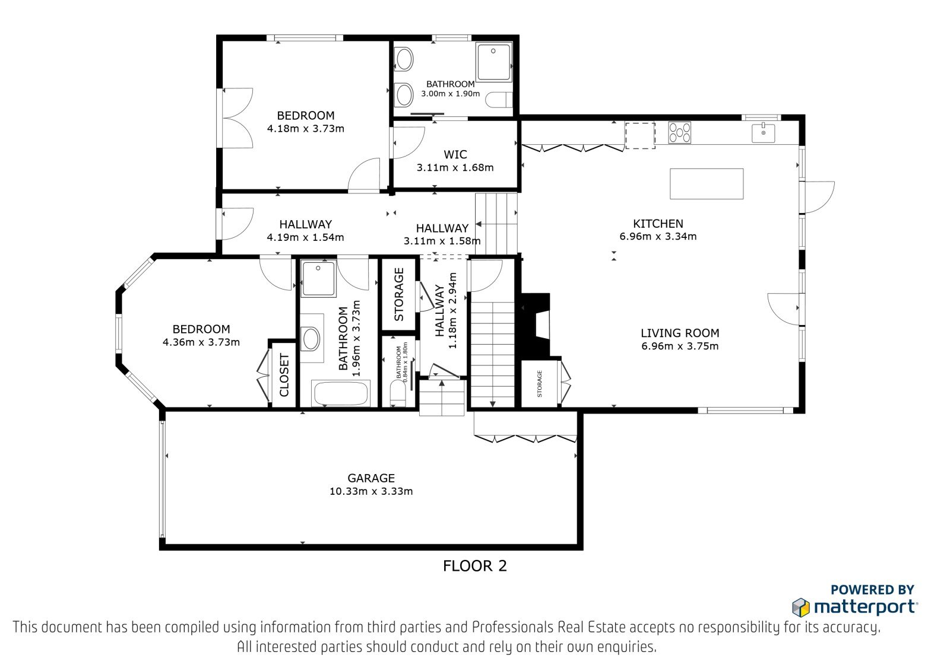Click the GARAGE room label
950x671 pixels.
click(x=371, y=478)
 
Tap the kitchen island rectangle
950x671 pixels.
click(x=707, y=184)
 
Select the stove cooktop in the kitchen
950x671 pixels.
click(x=679, y=133)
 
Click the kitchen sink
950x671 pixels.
click(x=764, y=133)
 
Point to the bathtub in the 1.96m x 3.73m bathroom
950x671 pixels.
click(x=340, y=393)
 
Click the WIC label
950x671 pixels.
click(x=455, y=154)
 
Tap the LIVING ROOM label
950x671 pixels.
click(x=680, y=333)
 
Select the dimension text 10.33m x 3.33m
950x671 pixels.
click(x=371, y=491)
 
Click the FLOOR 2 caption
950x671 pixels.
click(x=475, y=566)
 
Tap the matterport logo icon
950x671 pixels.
click(x=801, y=607)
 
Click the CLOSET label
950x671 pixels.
click(x=284, y=375)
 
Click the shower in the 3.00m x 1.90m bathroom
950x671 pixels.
click(x=493, y=62)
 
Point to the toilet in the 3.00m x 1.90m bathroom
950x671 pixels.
click(x=499, y=100)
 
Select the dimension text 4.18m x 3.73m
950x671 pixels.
click(x=305, y=128)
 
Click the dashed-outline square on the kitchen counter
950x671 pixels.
click(x=641, y=136)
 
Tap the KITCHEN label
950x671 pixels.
click(x=658, y=224)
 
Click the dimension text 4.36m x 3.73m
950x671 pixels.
click(x=201, y=342)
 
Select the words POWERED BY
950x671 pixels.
click(x=872, y=590)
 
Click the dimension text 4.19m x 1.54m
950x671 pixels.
click(x=305, y=237)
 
